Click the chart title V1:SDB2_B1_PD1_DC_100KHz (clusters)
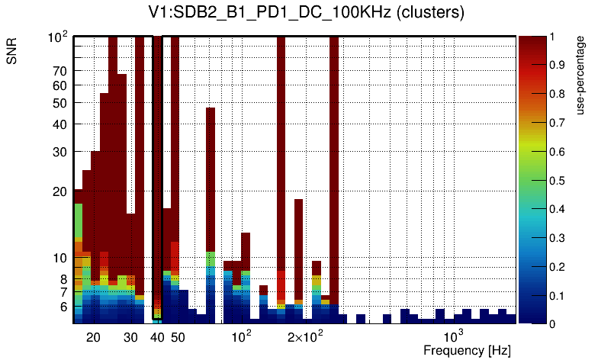pyautogui.click(x=307, y=13)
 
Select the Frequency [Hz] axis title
pyautogui.click(x=467, y=350)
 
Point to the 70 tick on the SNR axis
pyautogui.click(x=59, y=71)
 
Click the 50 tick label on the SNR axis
pyautogui.click(x=59, y=103)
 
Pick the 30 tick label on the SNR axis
pyautogui.click(x=59, y=152)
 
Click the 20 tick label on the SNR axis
pyautogui.click(x=59, y=191)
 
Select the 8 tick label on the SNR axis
pyautogui.click(x=63, y=279)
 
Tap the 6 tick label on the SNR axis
pyautogui.click(x=63, y=307)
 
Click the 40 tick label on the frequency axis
pyautogui.click(x=158, y=337)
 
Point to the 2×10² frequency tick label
pyautogui.click(x=305, y=336)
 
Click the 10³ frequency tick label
pyautogui.click(x=453, y=336)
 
